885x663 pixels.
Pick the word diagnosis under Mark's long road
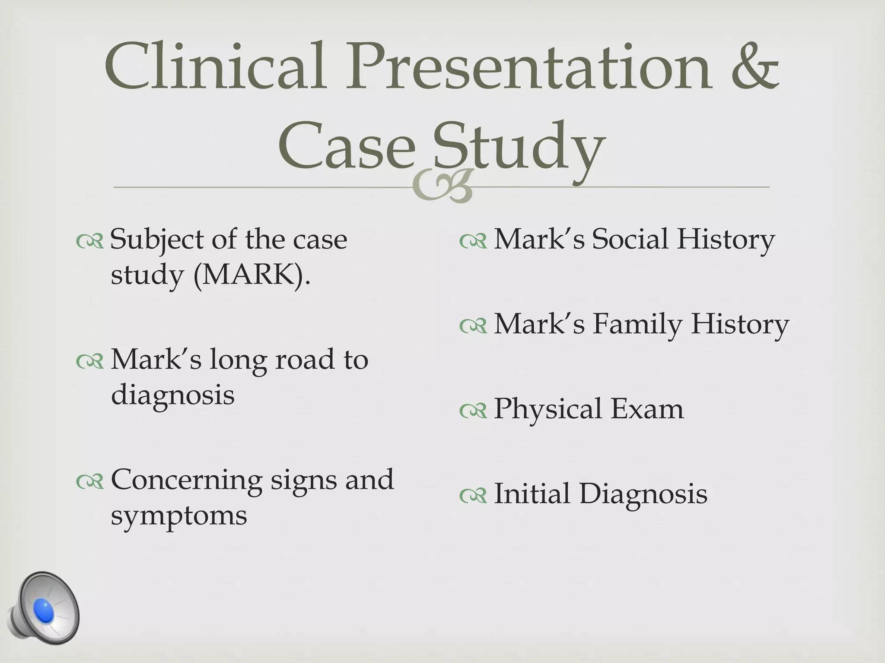(172, 395)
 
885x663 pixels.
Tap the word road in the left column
(305, 359)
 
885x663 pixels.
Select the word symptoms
(179, 515)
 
